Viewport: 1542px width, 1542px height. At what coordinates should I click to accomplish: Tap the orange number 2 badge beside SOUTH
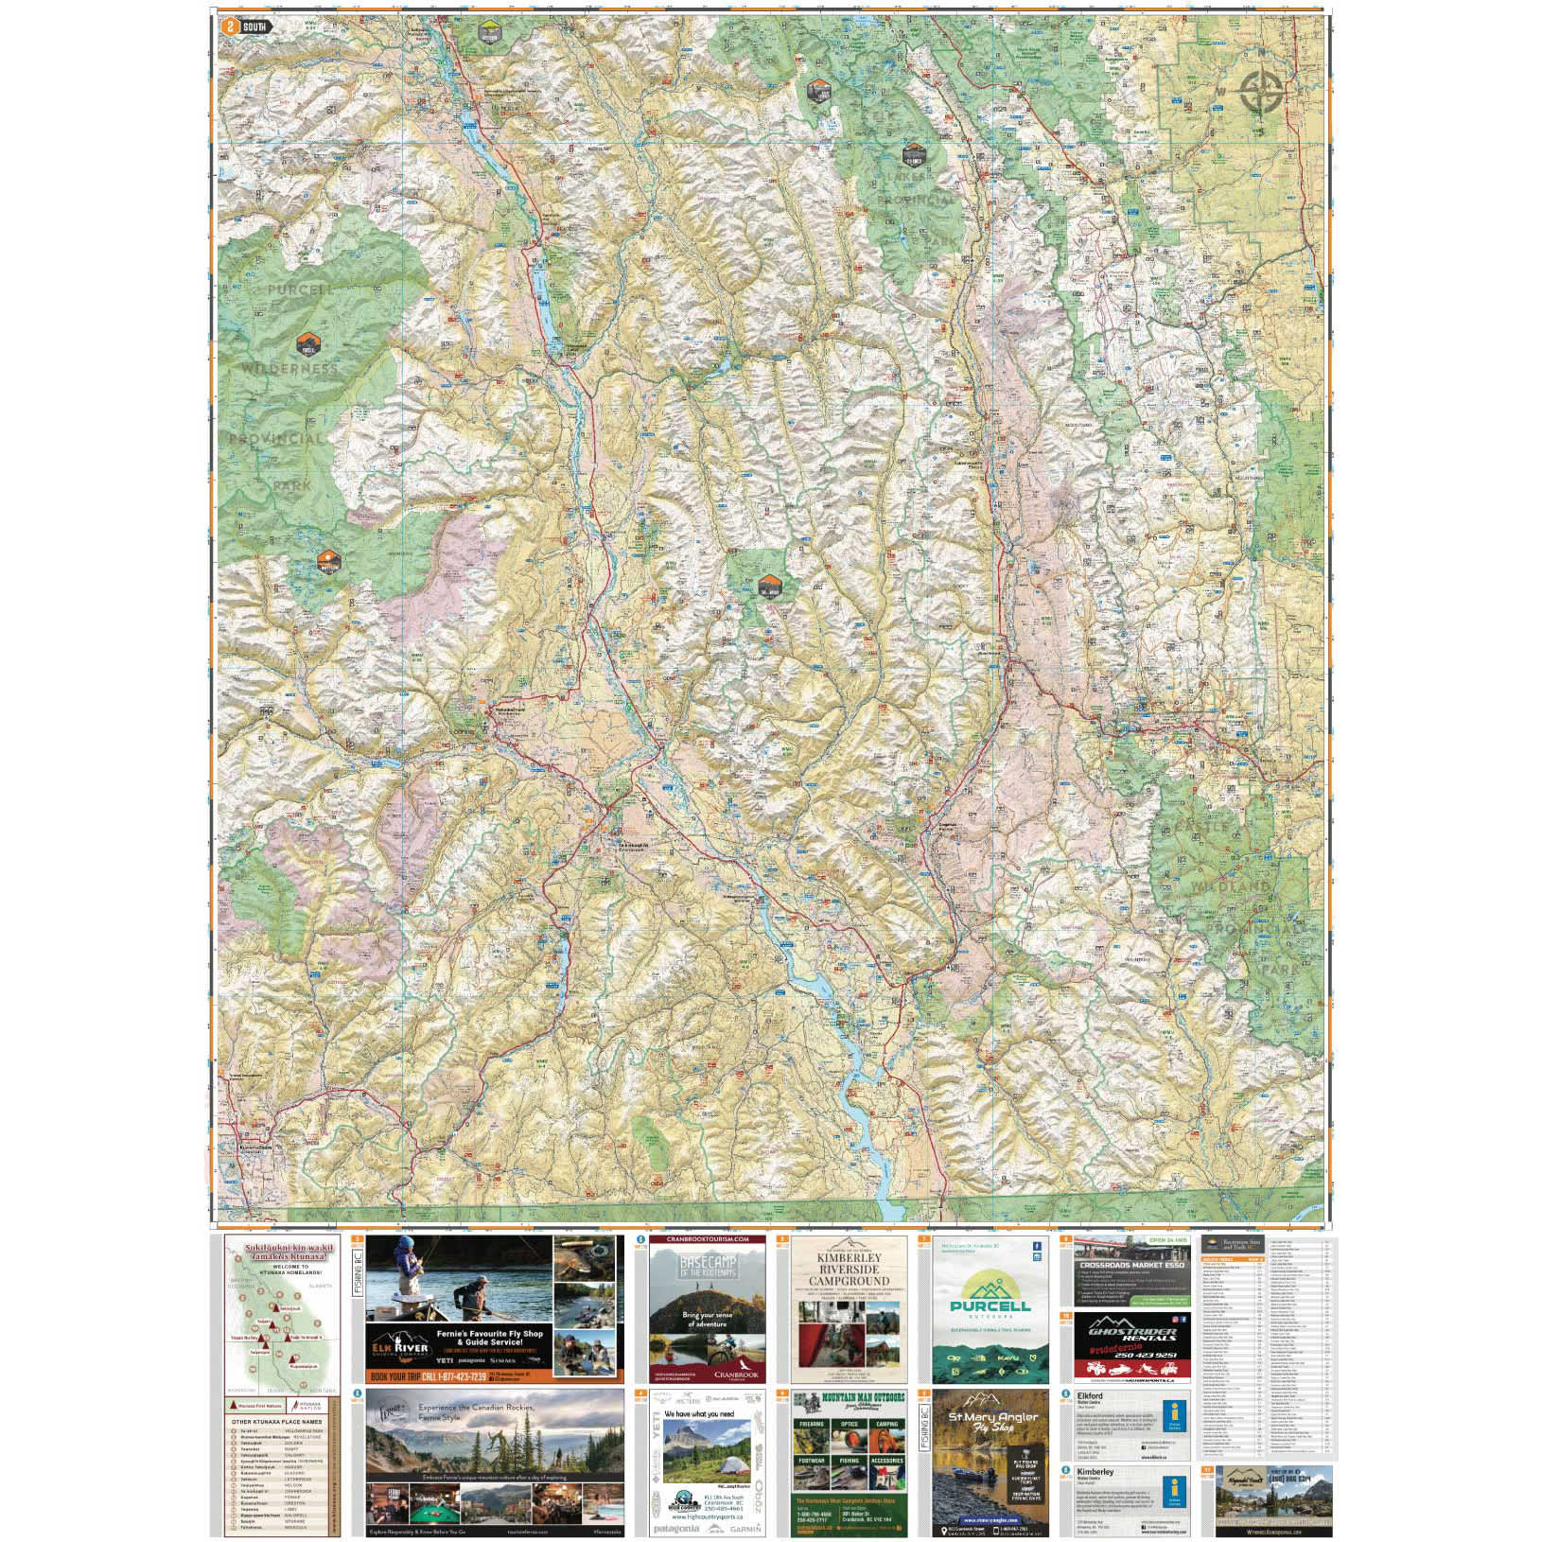[226, 27]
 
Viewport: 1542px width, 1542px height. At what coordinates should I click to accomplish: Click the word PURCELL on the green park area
[302, 289]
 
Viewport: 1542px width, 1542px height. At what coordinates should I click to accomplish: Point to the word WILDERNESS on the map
[289, 368]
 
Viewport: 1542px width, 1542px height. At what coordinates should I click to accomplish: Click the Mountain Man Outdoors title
[848, 1397]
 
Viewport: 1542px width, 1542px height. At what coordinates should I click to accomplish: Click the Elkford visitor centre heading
[1090, 1395]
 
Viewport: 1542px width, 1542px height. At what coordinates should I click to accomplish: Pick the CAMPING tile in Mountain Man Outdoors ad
[886, 1424]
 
